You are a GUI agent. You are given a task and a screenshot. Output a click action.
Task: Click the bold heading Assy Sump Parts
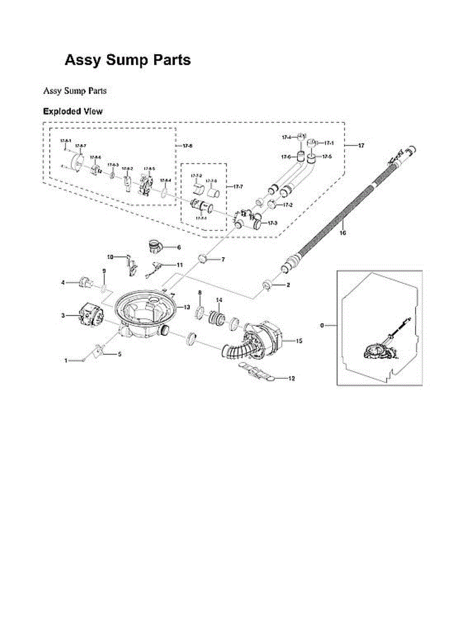[128, 60]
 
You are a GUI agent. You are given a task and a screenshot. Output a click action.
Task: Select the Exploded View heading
[72, 111]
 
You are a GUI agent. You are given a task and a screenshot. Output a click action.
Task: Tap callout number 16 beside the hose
[343, 233]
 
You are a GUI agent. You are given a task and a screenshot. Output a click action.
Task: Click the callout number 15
[299, 341]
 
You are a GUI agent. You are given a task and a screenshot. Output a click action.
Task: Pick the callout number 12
[292, 378]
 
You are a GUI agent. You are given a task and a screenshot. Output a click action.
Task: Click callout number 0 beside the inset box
[322, 325]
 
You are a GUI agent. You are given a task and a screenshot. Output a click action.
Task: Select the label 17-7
[238, 186]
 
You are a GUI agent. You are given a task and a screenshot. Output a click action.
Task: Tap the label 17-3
[272, 223]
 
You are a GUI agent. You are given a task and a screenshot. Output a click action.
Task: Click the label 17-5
[327, 156]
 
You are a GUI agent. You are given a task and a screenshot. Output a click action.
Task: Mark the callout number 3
[63, 316]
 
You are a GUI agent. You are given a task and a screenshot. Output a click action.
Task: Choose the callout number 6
[178, 247]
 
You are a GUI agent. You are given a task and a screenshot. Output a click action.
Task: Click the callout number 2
[288, 285]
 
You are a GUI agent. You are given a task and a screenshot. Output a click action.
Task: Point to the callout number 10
[110, 257]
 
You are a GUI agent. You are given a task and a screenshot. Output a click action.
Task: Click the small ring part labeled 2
[266, 283]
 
